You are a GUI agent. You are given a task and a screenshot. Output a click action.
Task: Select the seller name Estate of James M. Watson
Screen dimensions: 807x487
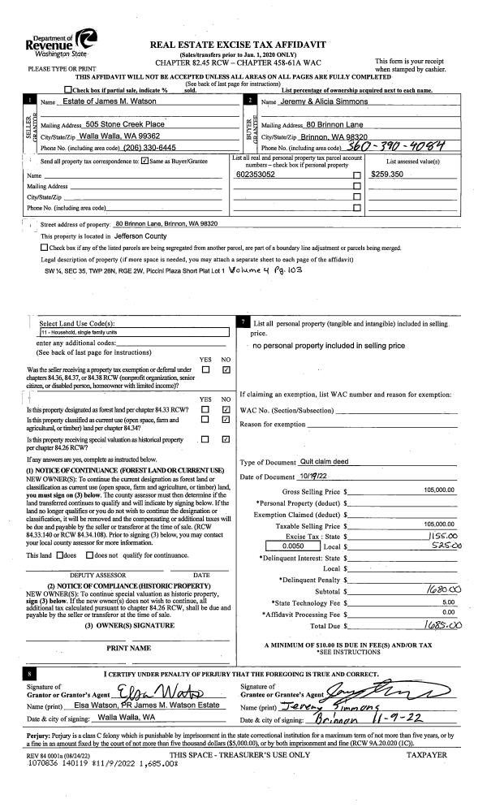click(110, 101)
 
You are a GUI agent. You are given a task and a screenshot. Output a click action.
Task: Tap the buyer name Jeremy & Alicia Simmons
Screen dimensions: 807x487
click(325, 101)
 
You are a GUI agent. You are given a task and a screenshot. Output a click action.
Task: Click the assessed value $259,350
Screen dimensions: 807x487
click(387, 175)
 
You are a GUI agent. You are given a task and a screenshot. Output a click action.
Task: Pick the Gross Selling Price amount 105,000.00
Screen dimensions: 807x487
click(442, 491)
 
